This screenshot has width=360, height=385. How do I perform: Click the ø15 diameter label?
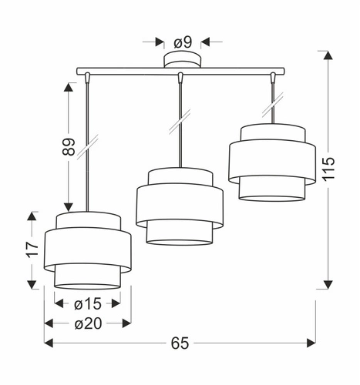[88, 304]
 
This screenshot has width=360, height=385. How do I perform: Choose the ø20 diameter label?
[88, 323]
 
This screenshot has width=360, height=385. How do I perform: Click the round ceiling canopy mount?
[180, 62]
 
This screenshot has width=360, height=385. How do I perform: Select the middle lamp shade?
[179, 207]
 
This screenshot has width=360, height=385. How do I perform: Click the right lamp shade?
[271, 161]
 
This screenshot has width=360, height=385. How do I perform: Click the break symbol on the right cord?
[271, 99]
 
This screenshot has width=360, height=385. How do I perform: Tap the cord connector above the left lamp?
[87, 78]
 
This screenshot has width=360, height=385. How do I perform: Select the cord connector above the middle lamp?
[180, 78]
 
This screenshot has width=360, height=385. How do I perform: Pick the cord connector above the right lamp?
[271, 78]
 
